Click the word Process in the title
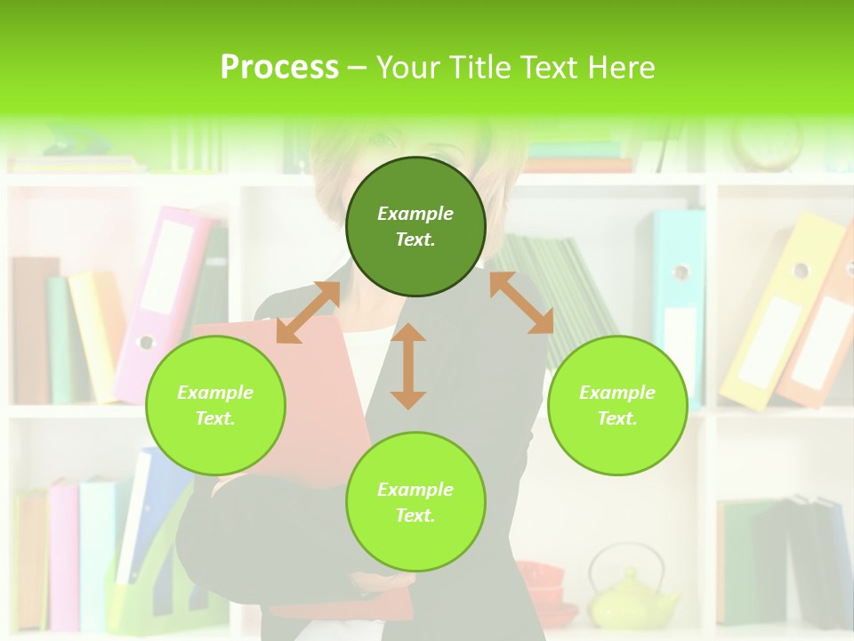(279, 68)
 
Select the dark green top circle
(415, 226)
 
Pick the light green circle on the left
(215, 405)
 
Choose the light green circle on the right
(617, 405)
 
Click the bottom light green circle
(415, 502)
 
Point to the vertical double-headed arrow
(408, 366)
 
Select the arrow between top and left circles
(308, 312)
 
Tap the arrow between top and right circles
(521, 303)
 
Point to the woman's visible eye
(381, 140)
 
